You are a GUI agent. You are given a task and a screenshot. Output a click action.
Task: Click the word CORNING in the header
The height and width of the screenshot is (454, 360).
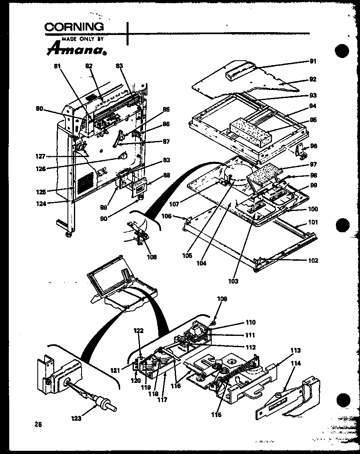(x=74, y=27)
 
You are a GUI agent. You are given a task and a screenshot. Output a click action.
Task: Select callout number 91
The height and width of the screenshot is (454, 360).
(x=313, y=61)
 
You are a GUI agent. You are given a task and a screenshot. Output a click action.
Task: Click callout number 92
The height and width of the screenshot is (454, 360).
(x=313, y=79)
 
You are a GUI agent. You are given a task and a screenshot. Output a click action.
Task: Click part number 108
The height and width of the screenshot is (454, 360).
(x=152, y=257)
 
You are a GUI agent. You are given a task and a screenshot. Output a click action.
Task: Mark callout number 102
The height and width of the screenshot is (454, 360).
(x=313, y=260)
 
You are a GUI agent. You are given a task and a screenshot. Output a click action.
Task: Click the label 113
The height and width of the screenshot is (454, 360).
(x=295, y=350)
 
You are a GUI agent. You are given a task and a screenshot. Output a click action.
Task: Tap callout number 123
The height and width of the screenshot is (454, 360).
(x=76, y=418)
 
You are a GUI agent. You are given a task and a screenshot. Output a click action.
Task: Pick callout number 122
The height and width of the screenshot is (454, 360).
(x=138, y=330)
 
